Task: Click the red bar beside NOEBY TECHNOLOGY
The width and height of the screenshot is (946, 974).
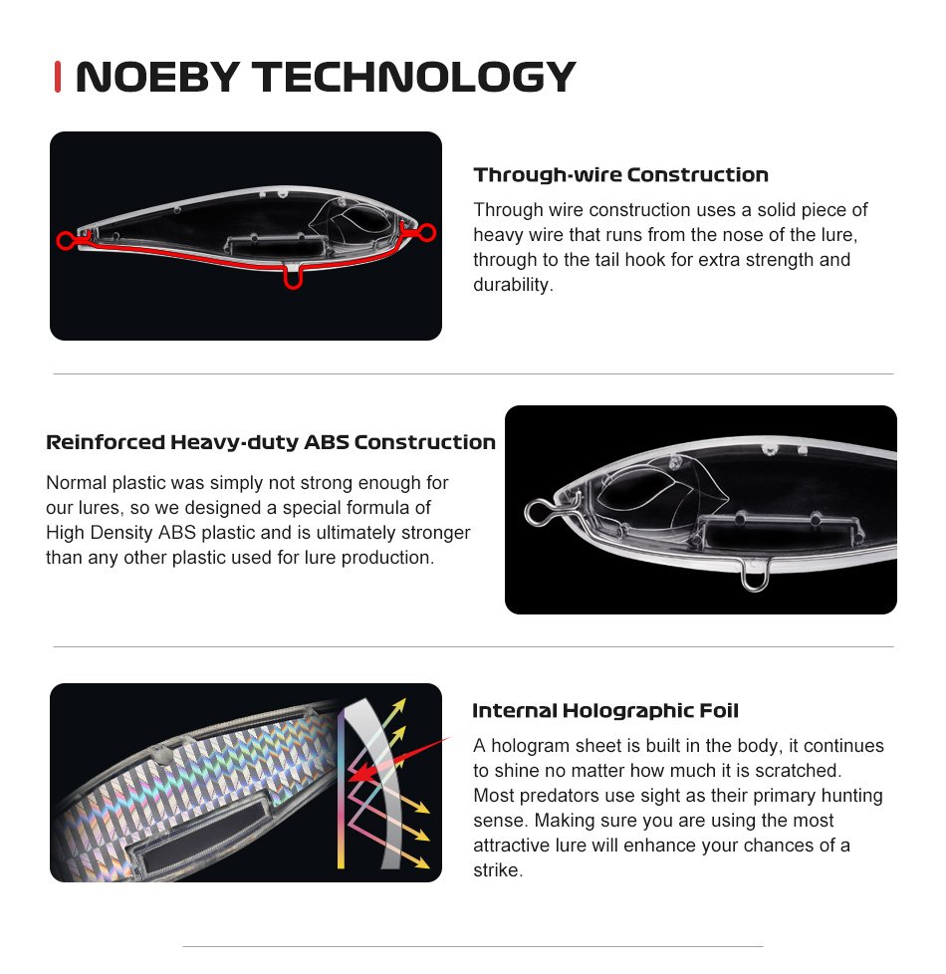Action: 58,77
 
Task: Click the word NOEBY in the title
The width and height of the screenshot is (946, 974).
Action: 157,77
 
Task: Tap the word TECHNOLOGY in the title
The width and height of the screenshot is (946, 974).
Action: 414,77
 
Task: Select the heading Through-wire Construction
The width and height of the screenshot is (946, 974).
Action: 620,174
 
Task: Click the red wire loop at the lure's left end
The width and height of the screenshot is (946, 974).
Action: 65,240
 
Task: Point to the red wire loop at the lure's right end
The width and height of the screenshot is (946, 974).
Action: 427,232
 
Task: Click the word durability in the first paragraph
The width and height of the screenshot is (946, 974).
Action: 511,285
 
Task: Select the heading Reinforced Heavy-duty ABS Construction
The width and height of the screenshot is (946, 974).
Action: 271,442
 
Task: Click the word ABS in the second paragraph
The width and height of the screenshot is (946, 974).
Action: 177,533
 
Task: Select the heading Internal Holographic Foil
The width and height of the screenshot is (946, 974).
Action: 605,711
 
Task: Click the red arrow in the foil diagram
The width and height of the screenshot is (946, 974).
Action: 397,759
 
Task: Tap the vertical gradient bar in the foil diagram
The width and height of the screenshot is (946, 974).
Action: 341,790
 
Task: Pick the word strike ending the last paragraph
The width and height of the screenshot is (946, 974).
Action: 496,869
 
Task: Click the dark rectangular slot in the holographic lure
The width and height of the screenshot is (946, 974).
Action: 199,834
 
